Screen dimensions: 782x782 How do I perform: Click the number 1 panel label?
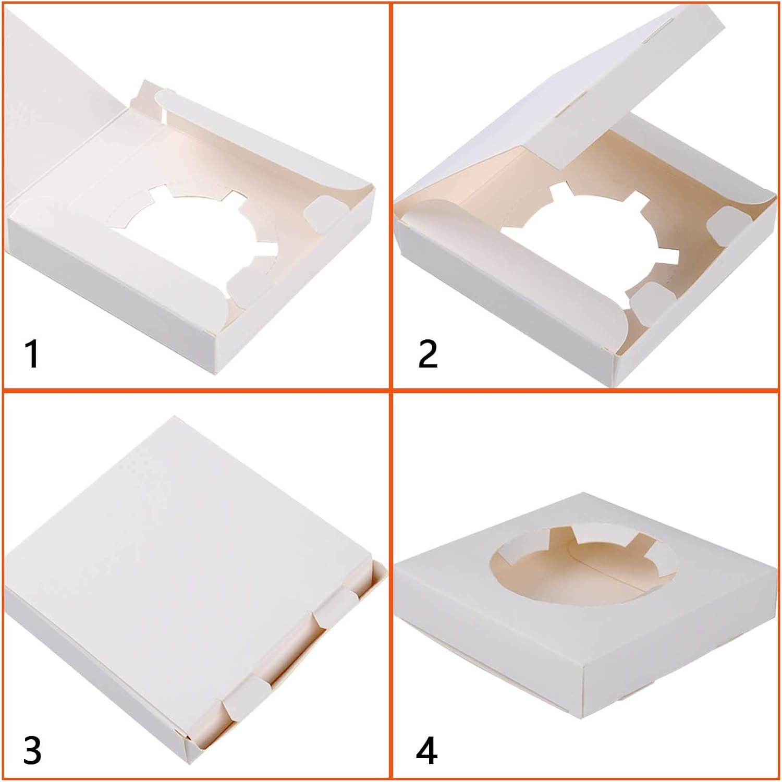(x=32, y=354)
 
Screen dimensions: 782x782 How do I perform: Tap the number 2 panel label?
(x=427, y=354)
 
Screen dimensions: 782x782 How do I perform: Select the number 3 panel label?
(x=32, y=750)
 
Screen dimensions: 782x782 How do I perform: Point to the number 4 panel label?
(x=426, y=750)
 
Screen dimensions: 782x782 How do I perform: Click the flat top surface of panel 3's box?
(x=172, y=563)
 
